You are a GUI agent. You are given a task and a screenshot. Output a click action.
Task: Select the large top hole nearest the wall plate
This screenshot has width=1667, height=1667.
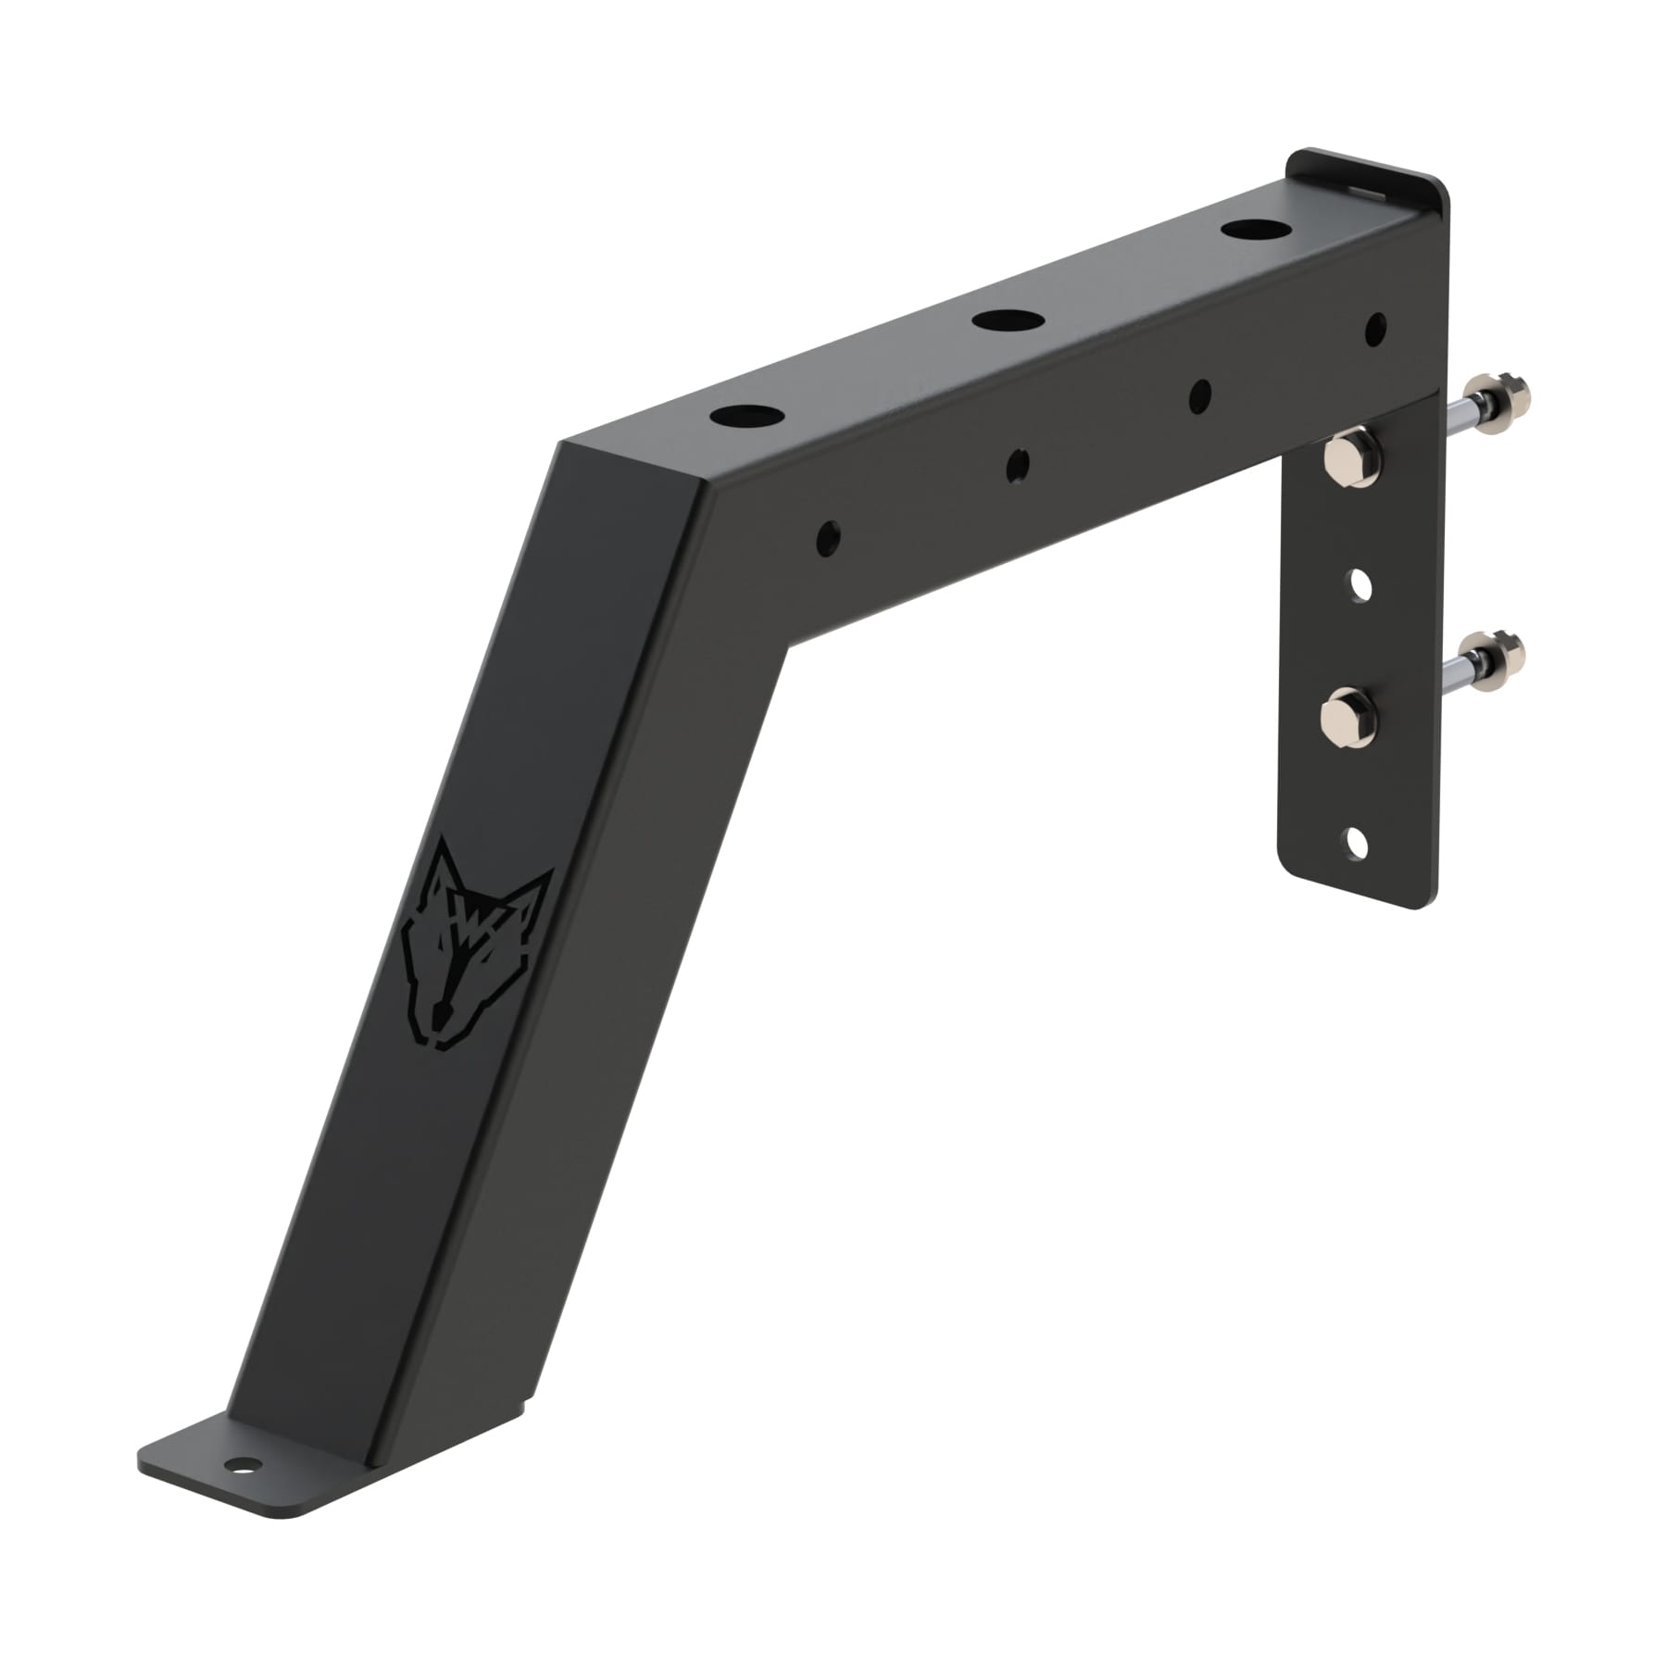click(x=1249, y=228)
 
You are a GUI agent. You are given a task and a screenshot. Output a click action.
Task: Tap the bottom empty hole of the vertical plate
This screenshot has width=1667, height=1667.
click(x=1356, y=843)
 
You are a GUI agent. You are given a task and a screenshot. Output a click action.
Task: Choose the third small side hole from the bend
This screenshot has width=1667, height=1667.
click(x=1199, y=395)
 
